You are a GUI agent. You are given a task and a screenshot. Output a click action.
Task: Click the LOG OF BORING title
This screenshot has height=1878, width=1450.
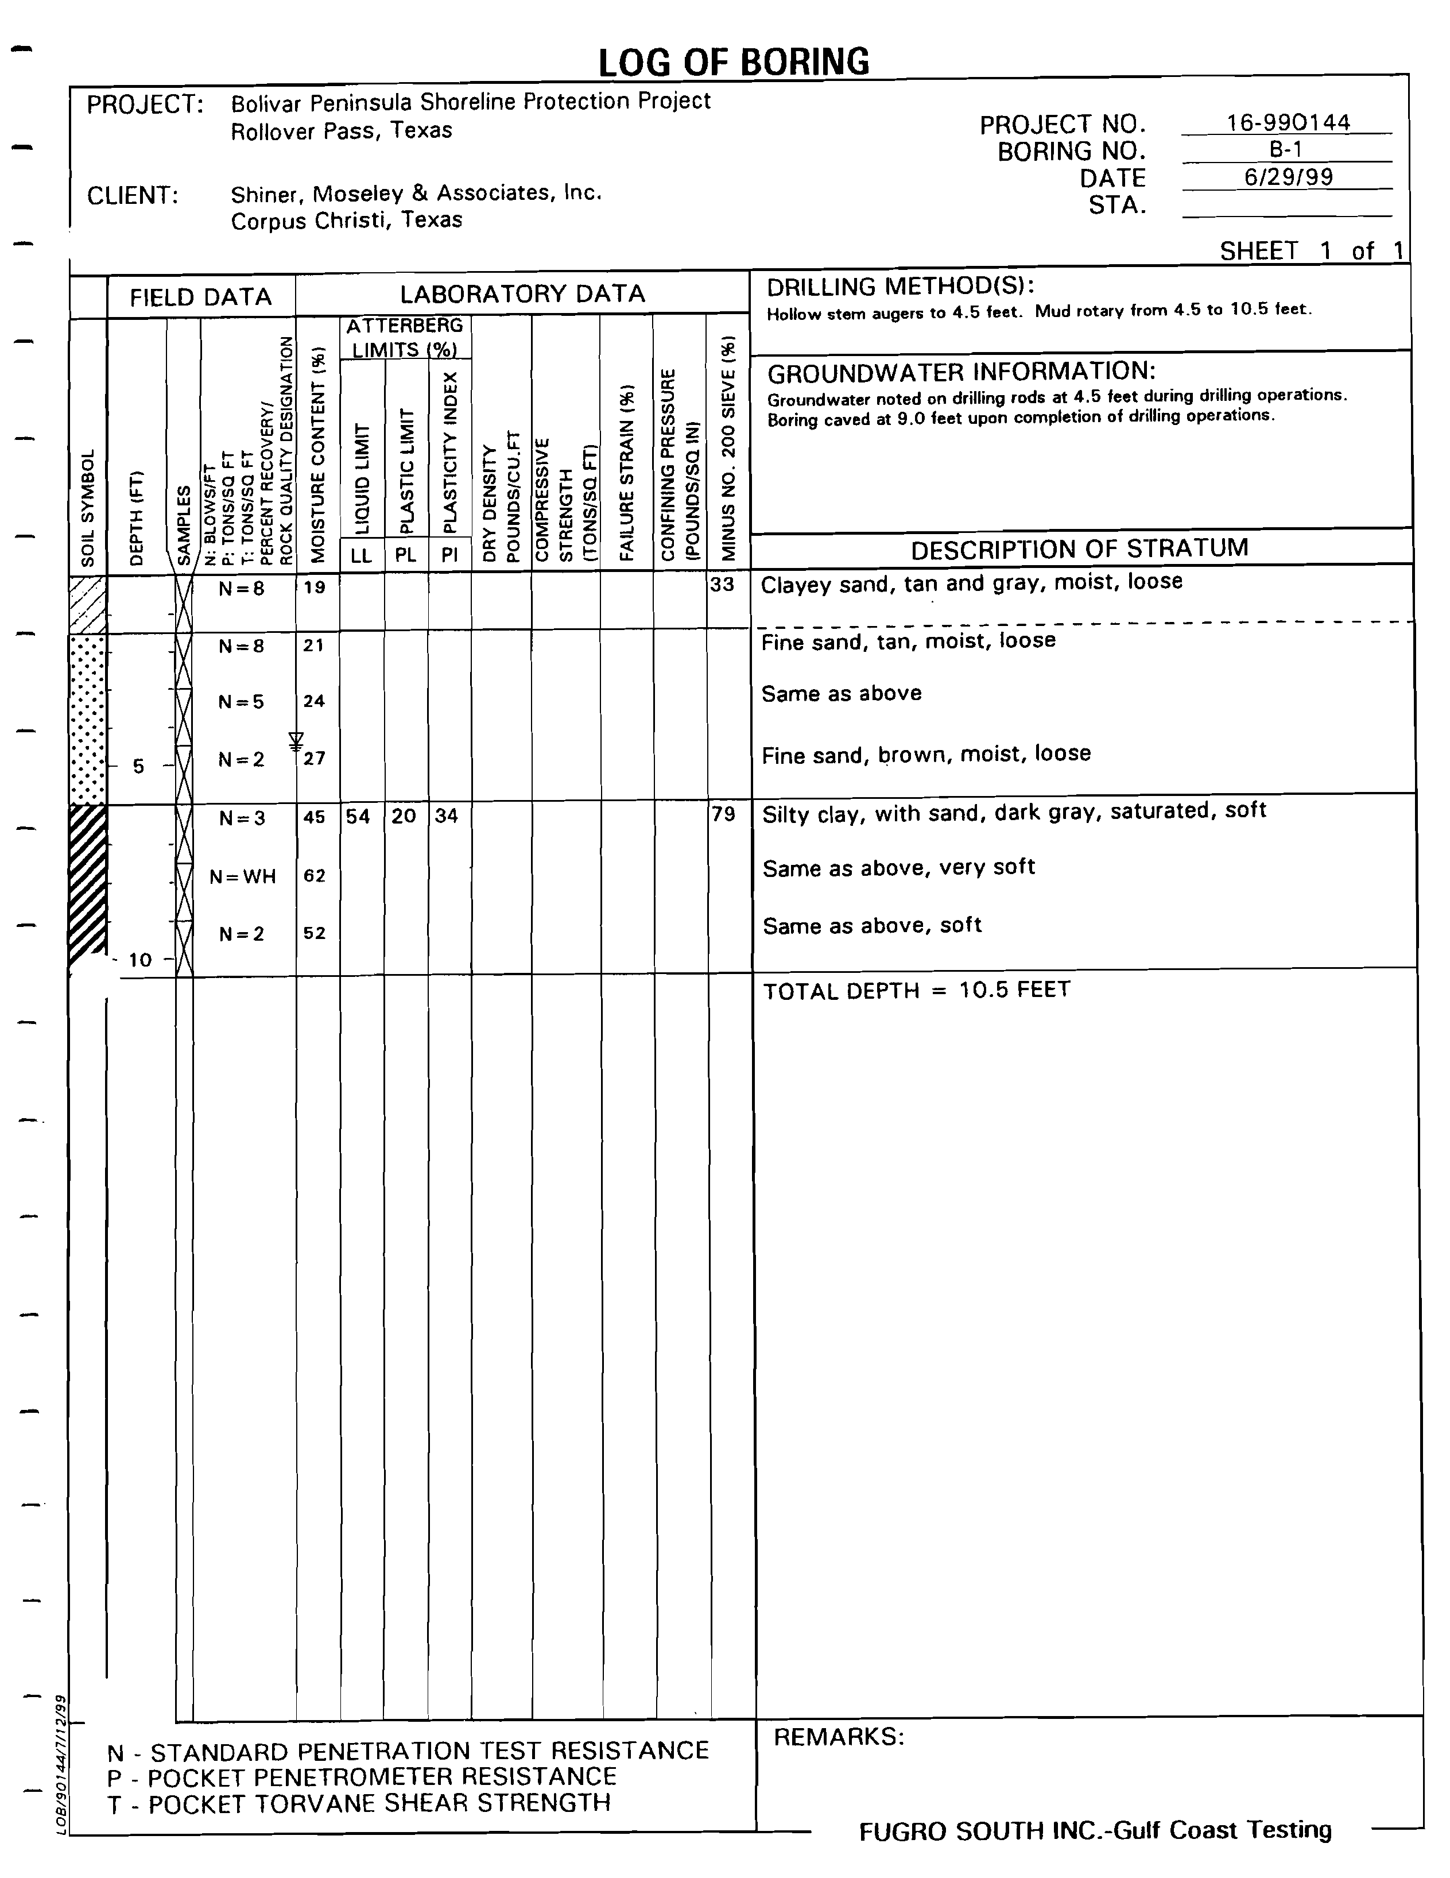[x=733, y=62]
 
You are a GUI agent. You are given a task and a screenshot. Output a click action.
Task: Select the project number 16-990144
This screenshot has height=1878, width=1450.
[x=1288, y=122]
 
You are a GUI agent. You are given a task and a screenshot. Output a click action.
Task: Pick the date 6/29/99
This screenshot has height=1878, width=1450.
[x=1288, y=177]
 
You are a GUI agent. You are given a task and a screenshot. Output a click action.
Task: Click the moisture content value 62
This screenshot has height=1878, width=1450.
[x=315, y=875]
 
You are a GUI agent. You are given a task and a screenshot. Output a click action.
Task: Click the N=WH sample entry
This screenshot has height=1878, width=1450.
[x=243, y=876]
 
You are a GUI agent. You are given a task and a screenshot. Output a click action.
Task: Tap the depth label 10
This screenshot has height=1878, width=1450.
[x=139, y=960]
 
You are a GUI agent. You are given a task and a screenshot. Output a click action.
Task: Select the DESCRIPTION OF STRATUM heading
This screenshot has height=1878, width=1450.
[x=1080, y=548]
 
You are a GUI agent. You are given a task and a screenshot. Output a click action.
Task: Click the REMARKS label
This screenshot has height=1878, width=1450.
[x=839, y=1737]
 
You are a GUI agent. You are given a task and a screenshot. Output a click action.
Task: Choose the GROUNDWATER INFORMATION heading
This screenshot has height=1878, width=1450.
[x=961, y=372]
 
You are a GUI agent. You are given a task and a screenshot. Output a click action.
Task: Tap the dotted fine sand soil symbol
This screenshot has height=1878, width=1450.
[x=87, y=719]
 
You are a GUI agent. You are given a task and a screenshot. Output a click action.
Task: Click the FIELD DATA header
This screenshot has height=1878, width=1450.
[x=200, y=297]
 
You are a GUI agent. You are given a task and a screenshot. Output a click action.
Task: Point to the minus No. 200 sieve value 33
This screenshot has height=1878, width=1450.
[x=722, y=585]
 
